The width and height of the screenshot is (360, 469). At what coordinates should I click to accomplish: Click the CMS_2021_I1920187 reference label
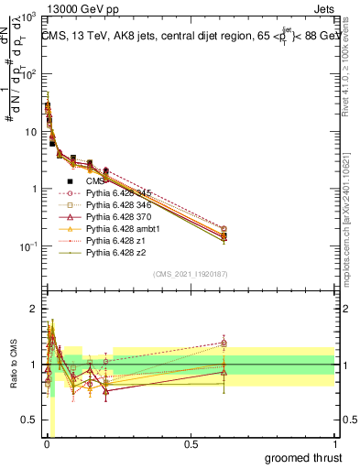tap(190, 273)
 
